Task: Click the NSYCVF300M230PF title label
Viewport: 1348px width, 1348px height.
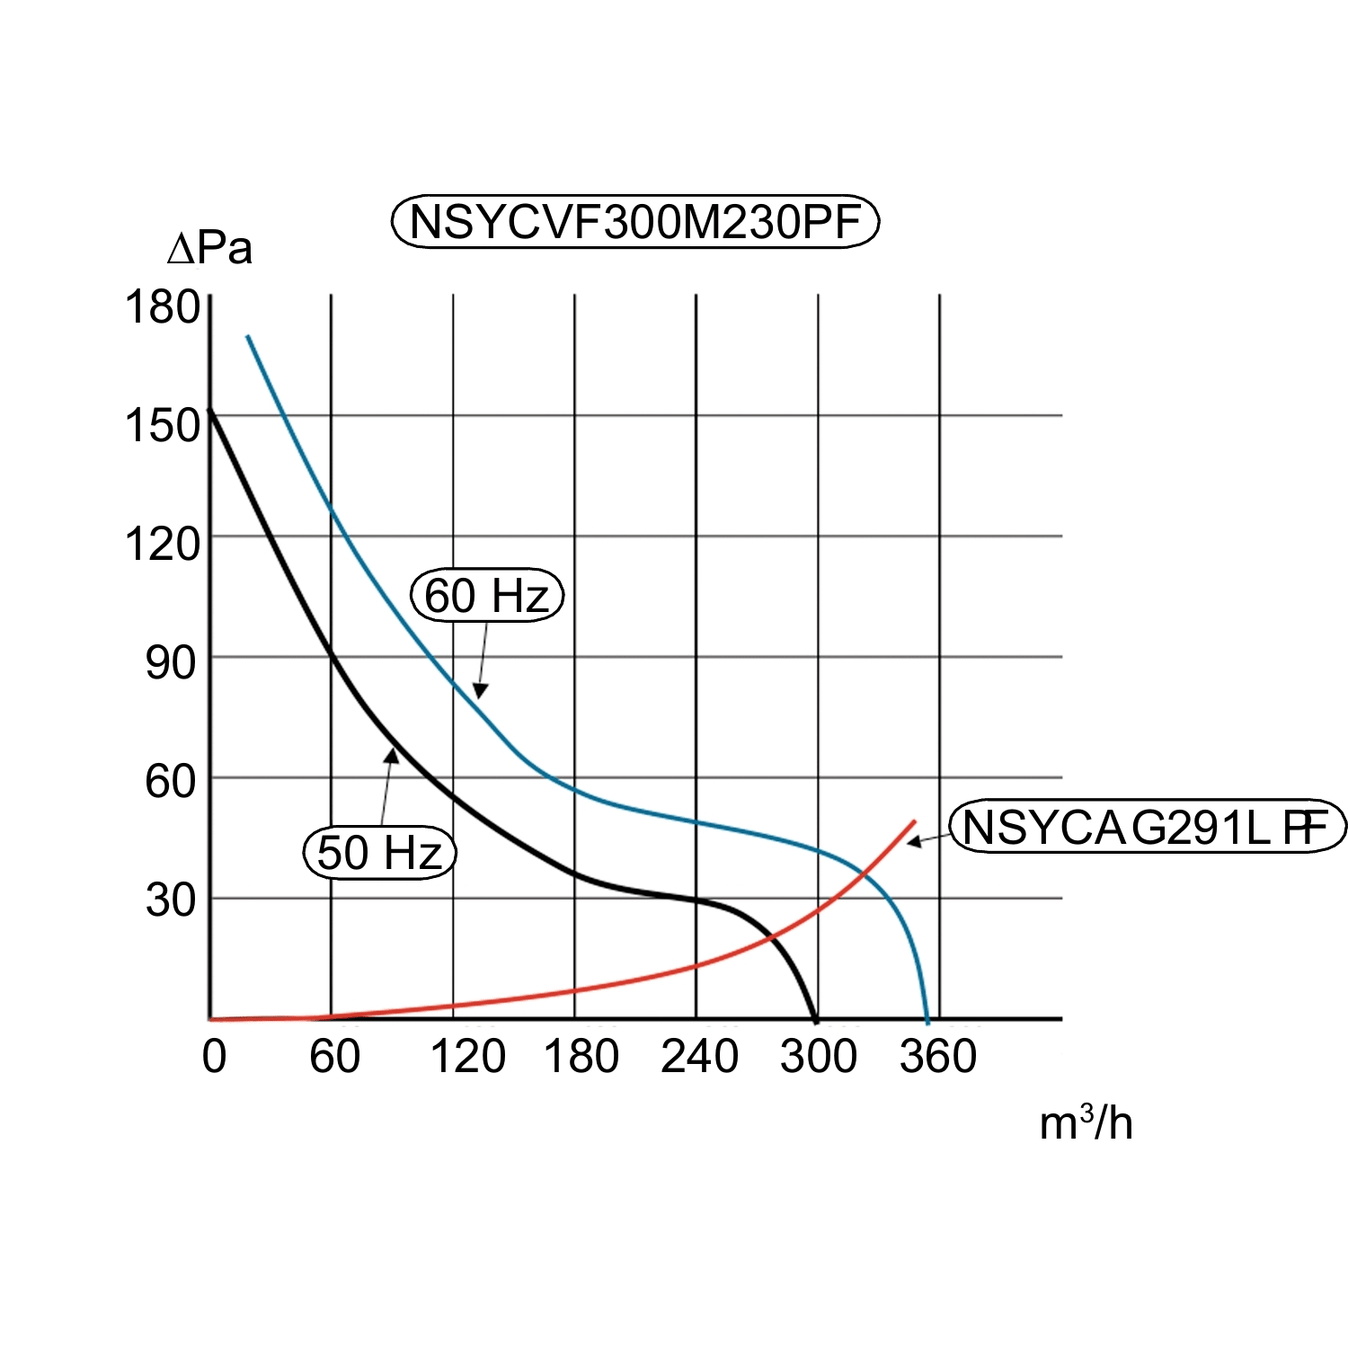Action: click(634, 222)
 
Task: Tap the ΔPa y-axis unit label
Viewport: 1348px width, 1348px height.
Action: click(210, 249)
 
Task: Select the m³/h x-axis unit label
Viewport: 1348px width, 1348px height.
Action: click(1086, 1123)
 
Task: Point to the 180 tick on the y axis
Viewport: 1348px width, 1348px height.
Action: click(162, 307)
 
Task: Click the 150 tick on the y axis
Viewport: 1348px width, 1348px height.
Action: click(162, 426)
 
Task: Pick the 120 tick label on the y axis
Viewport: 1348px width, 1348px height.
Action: click(162, 545)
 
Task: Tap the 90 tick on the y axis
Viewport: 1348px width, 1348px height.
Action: click(171, 663)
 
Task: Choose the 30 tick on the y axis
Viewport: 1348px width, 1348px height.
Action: click(171, 900)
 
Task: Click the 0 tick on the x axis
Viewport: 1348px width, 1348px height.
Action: click(214, 1057)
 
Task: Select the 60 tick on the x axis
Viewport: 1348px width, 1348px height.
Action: click(334, 1057)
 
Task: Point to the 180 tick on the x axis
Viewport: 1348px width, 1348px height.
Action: click(581, 1057)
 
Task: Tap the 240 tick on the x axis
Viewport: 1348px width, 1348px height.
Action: click(699, 1057)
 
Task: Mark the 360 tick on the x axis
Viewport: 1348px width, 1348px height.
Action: click(938, 1057)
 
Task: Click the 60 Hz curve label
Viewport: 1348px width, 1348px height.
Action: click(486, 595)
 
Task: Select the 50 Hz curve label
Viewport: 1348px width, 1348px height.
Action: click(380, 852)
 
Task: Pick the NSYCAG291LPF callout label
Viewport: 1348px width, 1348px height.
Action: click(1148, 827)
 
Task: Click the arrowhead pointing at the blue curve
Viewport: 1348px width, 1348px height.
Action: click(480, 691)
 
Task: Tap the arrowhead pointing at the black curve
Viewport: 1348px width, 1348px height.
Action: click(391, 756)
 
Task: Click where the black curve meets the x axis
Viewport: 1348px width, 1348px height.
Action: click(815, 1019)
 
